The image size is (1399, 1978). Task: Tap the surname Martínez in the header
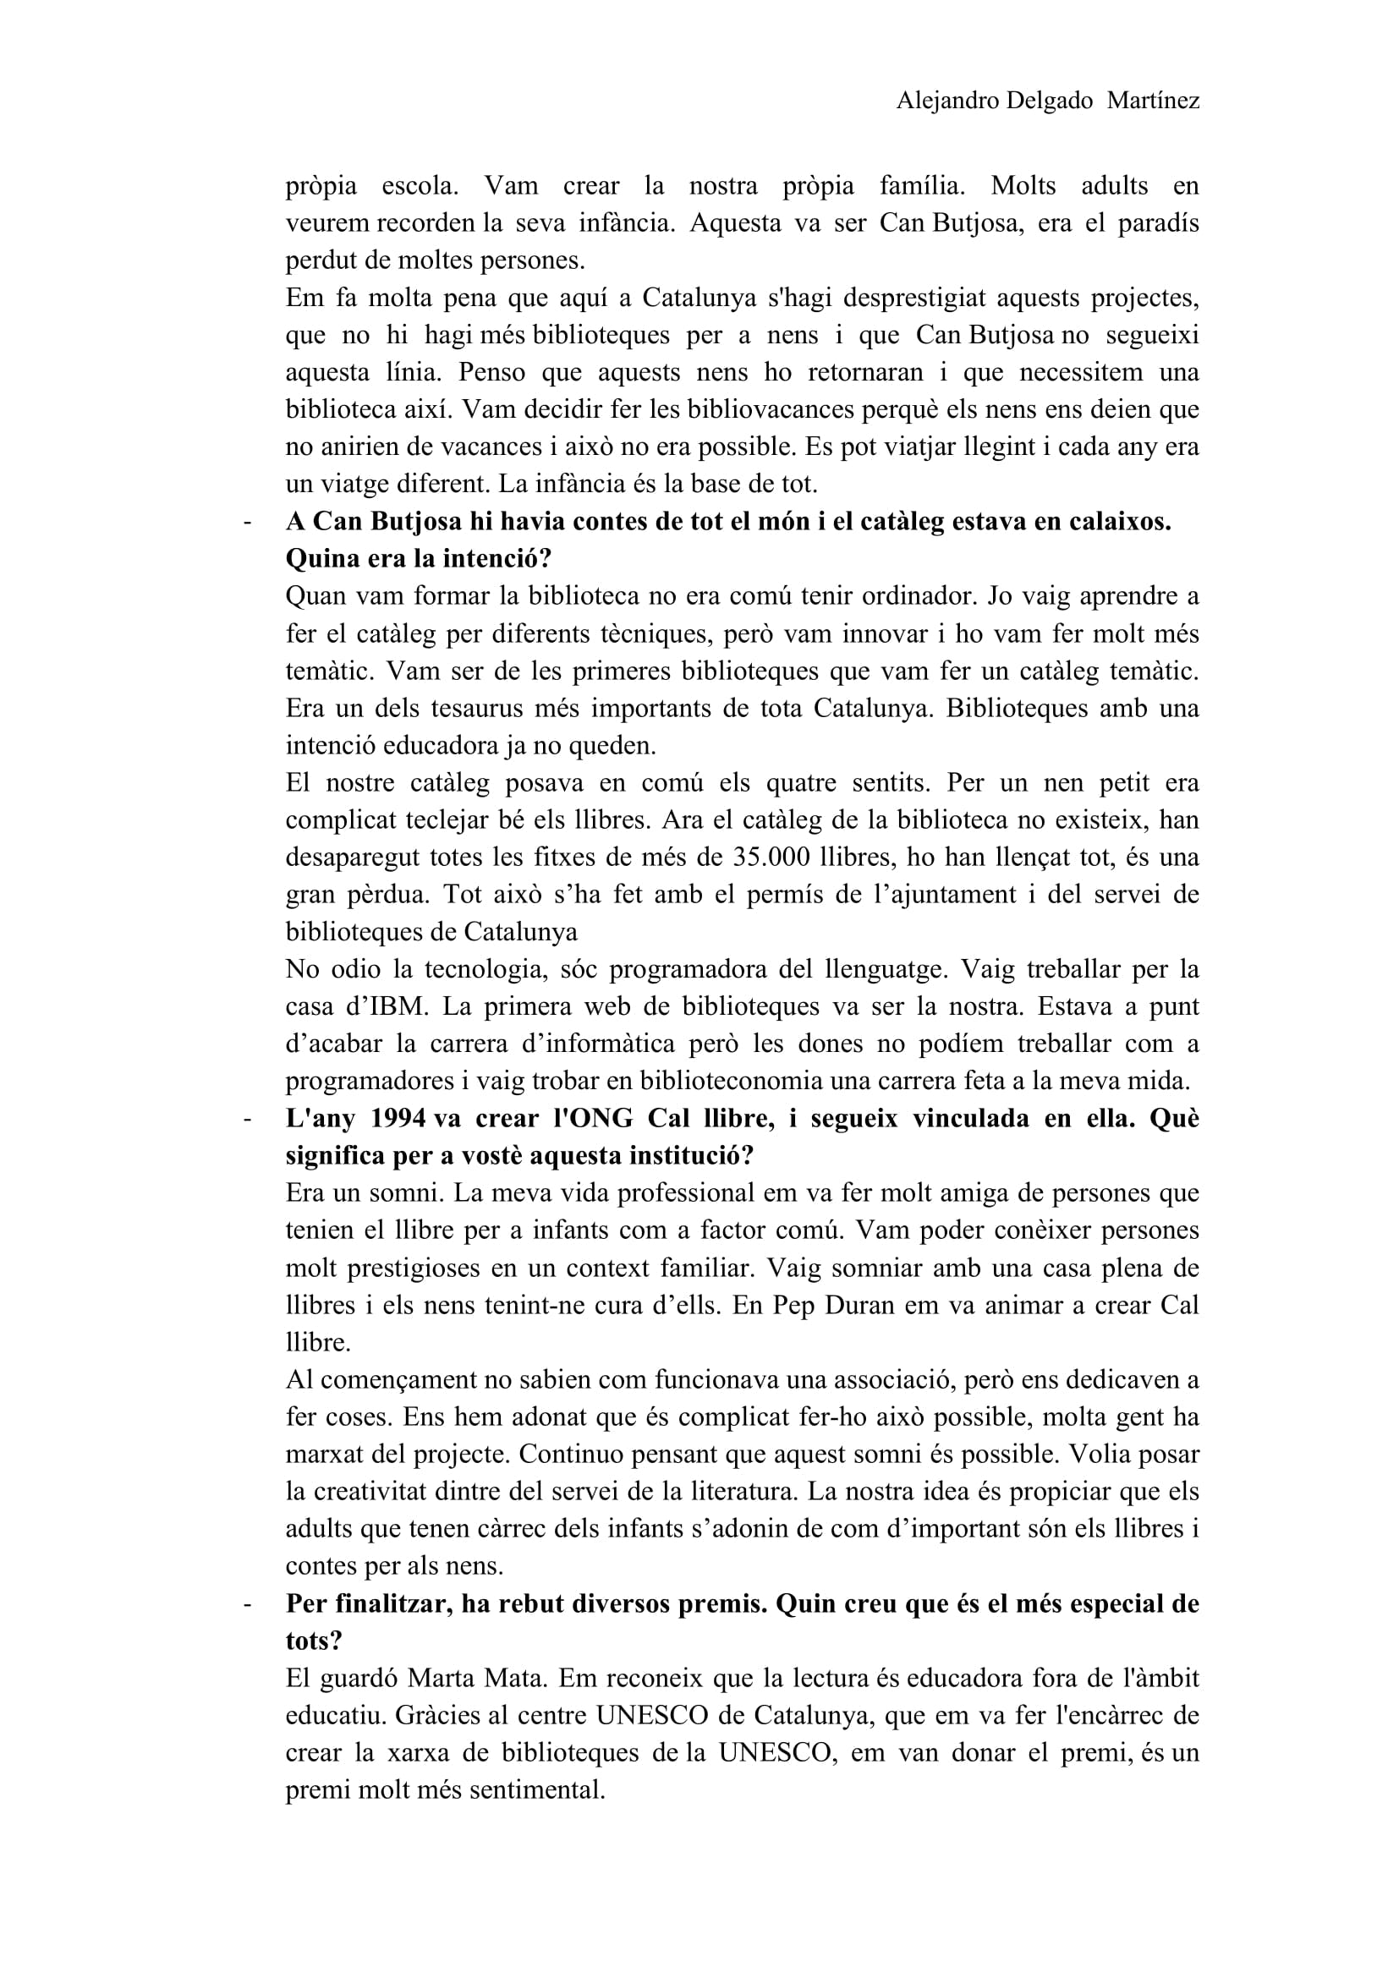pos(1153,101)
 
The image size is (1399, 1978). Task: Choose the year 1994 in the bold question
pos(398,1118)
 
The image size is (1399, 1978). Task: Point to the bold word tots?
pos(314,1641)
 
